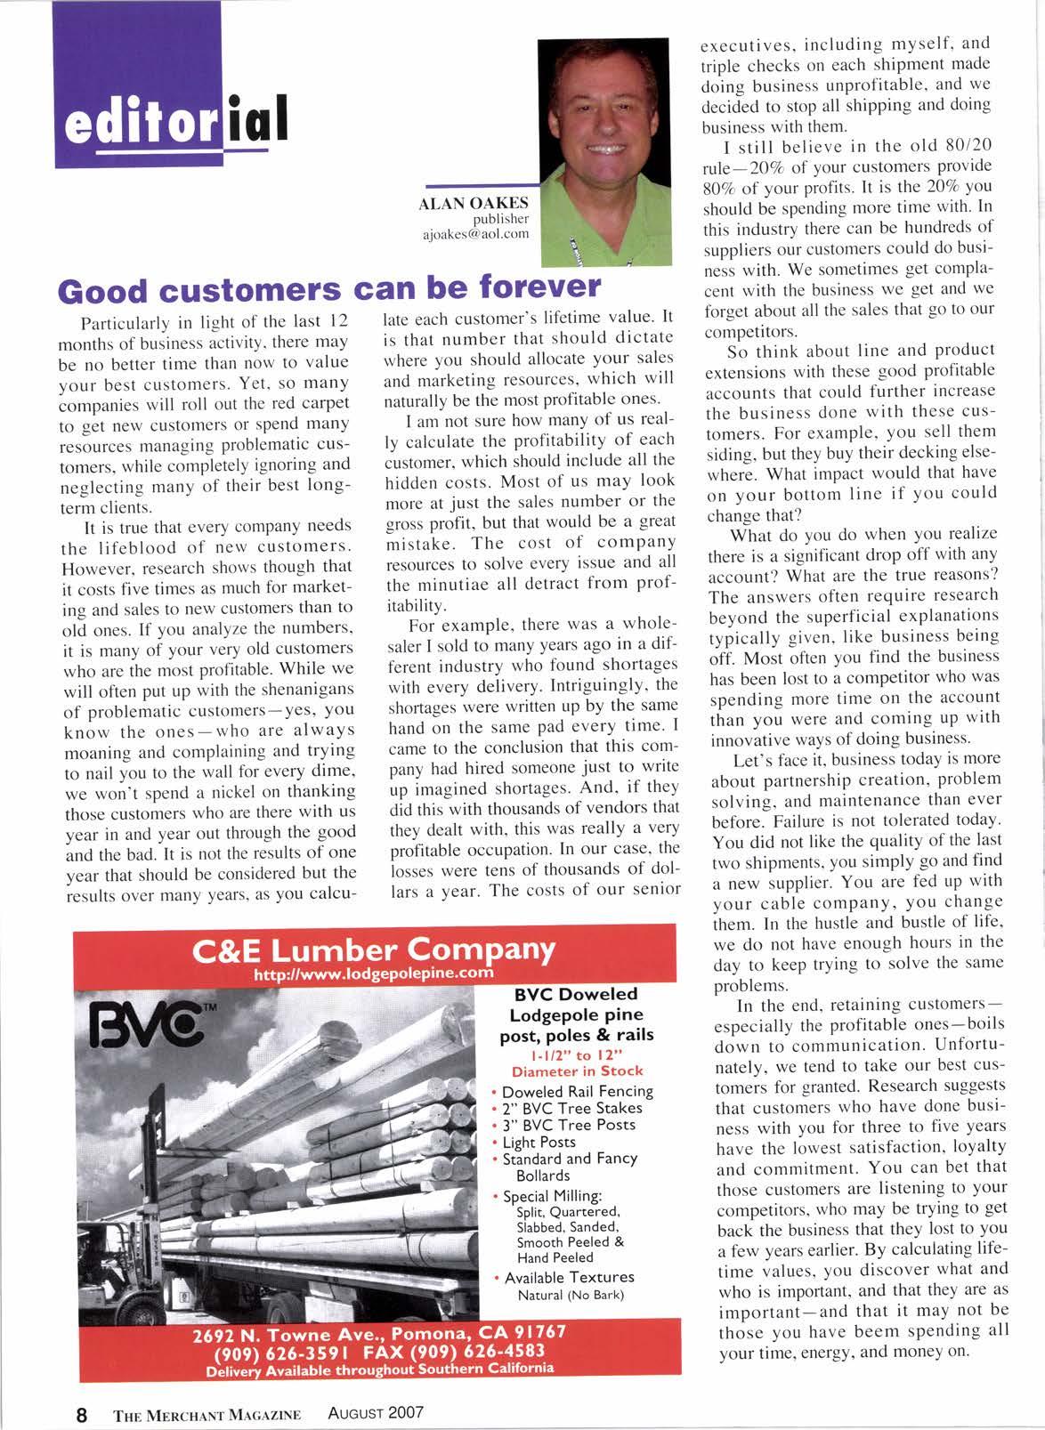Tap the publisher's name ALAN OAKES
[474, 204]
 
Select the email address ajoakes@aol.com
[475, 234]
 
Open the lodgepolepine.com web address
[374, 973]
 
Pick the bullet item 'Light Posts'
[539, 1142]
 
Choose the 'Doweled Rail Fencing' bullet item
[577, 1091]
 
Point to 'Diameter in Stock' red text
[577, 1071]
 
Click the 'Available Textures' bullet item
[569, 1277]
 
